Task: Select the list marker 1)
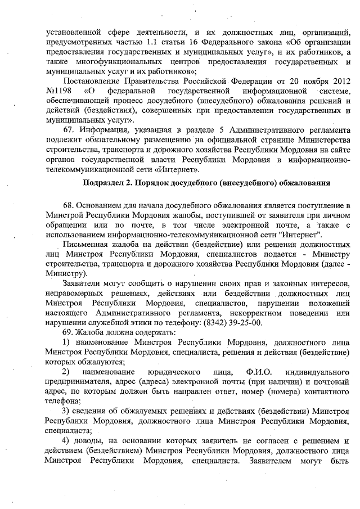(66, 343)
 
